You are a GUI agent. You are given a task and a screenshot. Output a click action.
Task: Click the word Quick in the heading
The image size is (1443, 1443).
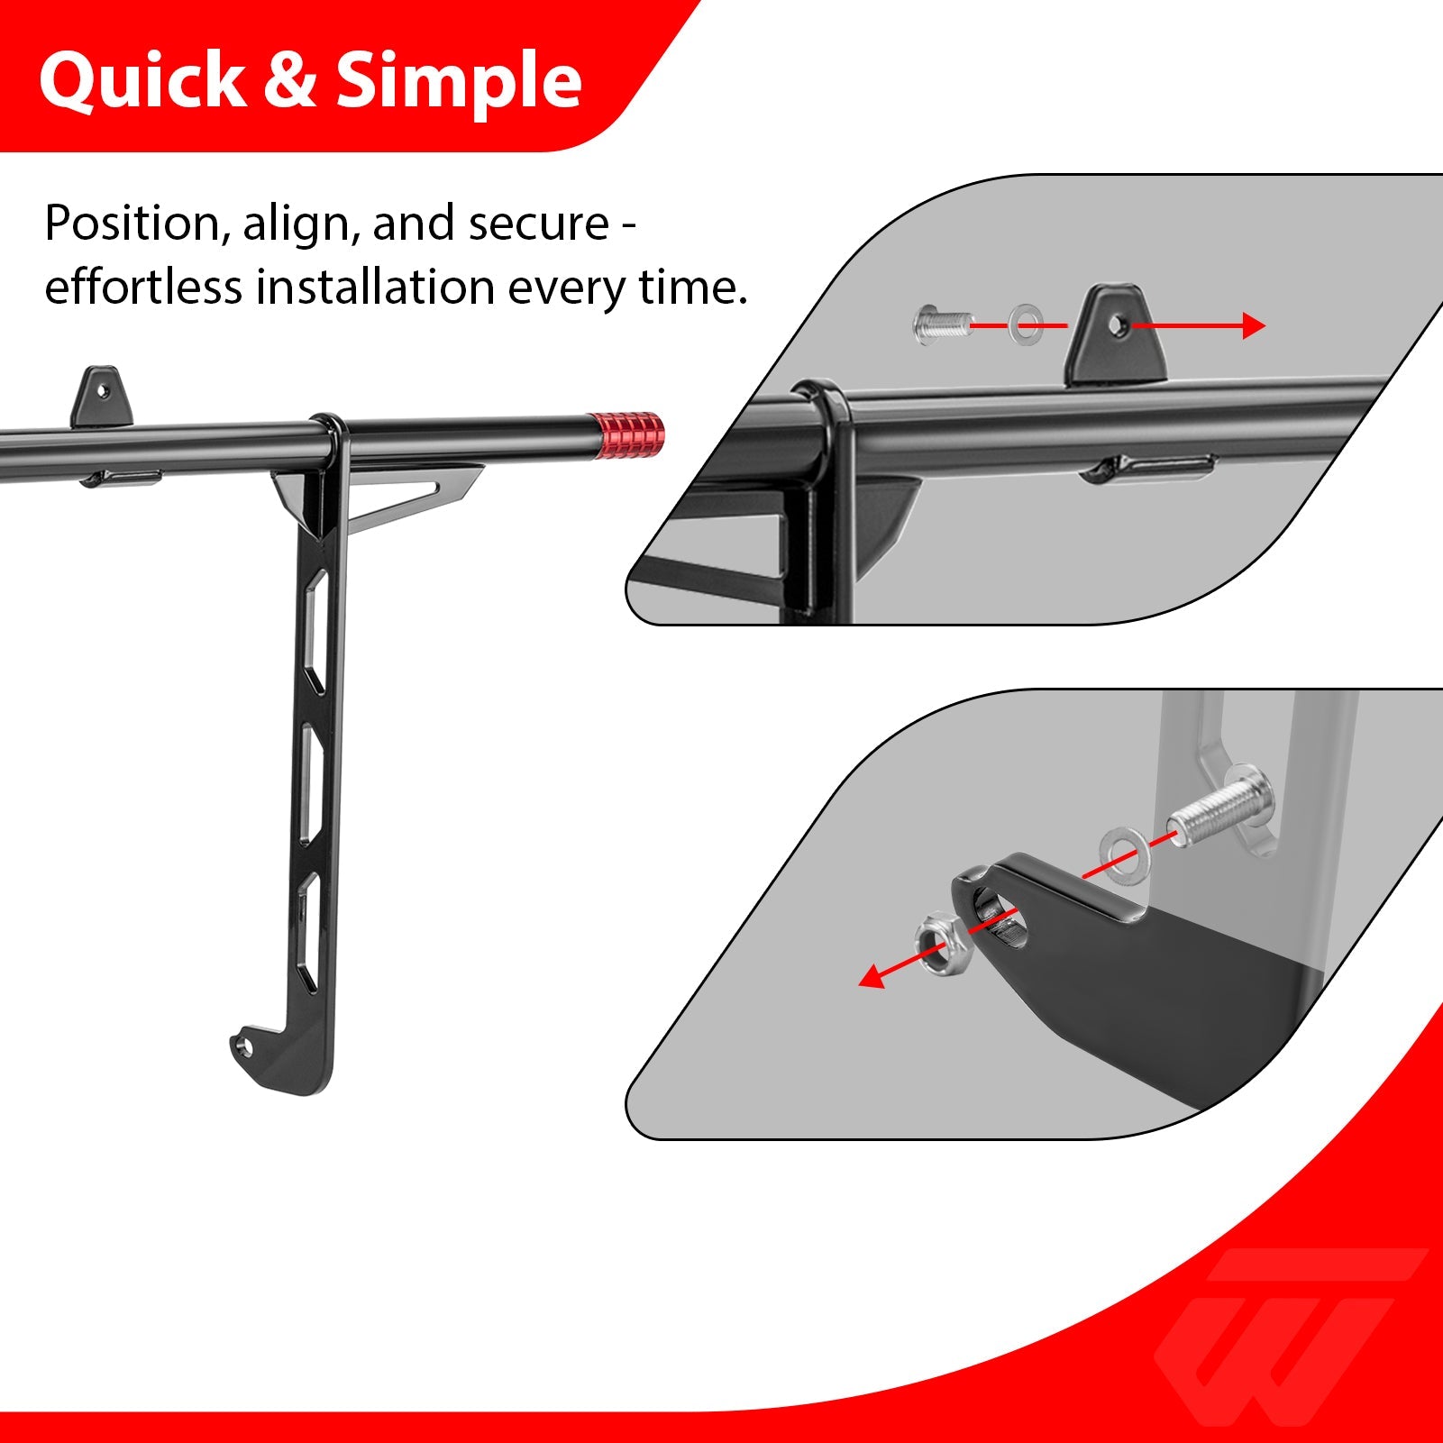click(142, 81)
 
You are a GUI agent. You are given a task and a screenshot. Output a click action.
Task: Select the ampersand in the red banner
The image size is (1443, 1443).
click(290, 80)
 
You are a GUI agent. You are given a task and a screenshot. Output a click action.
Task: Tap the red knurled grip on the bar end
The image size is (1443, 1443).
click(627, 435)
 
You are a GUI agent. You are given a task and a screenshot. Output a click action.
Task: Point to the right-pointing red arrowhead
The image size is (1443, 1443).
click(1254, 325)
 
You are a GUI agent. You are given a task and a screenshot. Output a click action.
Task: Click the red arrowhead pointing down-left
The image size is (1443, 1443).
click(872, 975)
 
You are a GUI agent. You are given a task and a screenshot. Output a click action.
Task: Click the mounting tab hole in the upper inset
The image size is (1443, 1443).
click(1118, 323)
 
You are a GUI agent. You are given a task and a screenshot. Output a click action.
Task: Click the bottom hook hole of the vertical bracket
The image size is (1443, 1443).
click(242, 1046)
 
